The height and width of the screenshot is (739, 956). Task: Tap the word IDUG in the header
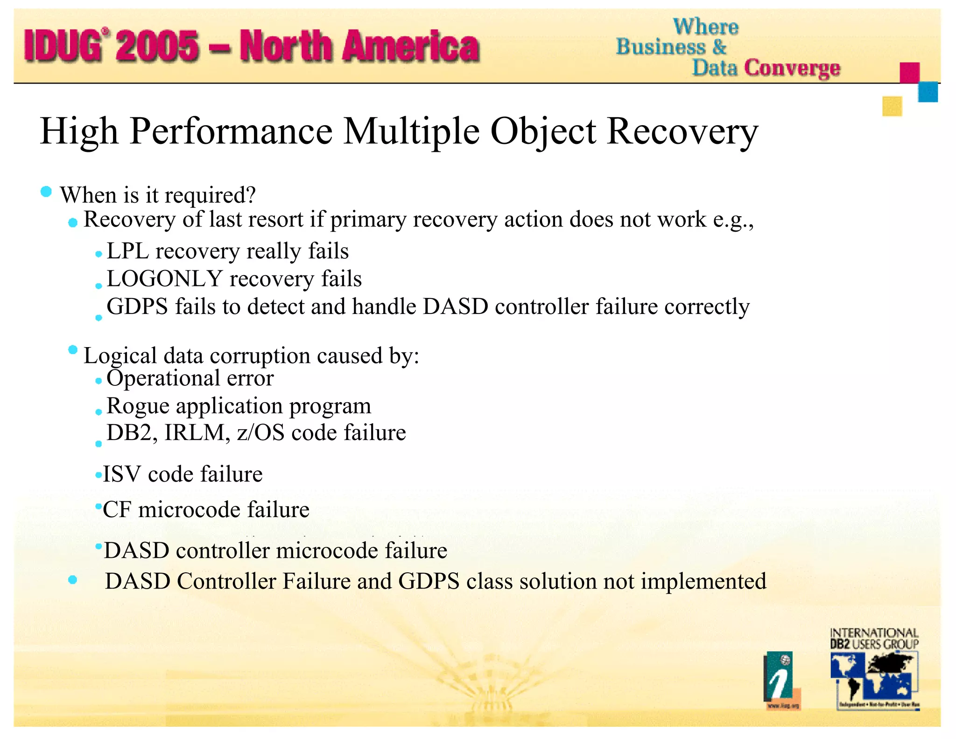[63, 46]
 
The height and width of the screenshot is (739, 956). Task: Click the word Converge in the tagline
[792, 68]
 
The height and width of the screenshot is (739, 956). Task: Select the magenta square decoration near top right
[909, 72]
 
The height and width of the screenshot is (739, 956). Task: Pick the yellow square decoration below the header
[892, 106]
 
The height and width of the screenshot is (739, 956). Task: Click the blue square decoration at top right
[928, 92]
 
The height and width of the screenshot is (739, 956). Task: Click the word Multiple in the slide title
[411, 132]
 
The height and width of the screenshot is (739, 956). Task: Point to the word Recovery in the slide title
[682, 132]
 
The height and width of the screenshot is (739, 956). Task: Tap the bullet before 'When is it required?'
[46, 192]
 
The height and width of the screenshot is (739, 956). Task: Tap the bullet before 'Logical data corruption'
[72, 350]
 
